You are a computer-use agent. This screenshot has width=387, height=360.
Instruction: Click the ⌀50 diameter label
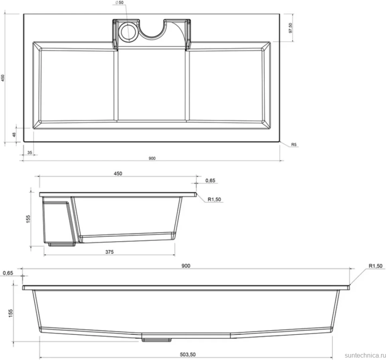tap(119, 3)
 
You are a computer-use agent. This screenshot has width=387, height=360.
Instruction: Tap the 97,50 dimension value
tap(290, 28)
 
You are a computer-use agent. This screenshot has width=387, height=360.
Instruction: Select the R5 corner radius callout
tap(294, 144)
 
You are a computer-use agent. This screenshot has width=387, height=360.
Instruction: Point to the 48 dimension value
tap(14, 135)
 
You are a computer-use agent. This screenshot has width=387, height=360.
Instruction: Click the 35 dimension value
tap(30, 152)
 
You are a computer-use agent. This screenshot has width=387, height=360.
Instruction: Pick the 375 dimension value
tap(109, 252)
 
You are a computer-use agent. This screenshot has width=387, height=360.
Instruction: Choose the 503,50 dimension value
tap(188, 354)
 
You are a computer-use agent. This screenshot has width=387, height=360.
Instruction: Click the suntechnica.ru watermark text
tap(365, 355)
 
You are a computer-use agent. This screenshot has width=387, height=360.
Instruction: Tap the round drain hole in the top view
tap(128, 32)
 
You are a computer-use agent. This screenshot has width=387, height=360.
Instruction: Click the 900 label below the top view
tap(152, 158)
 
